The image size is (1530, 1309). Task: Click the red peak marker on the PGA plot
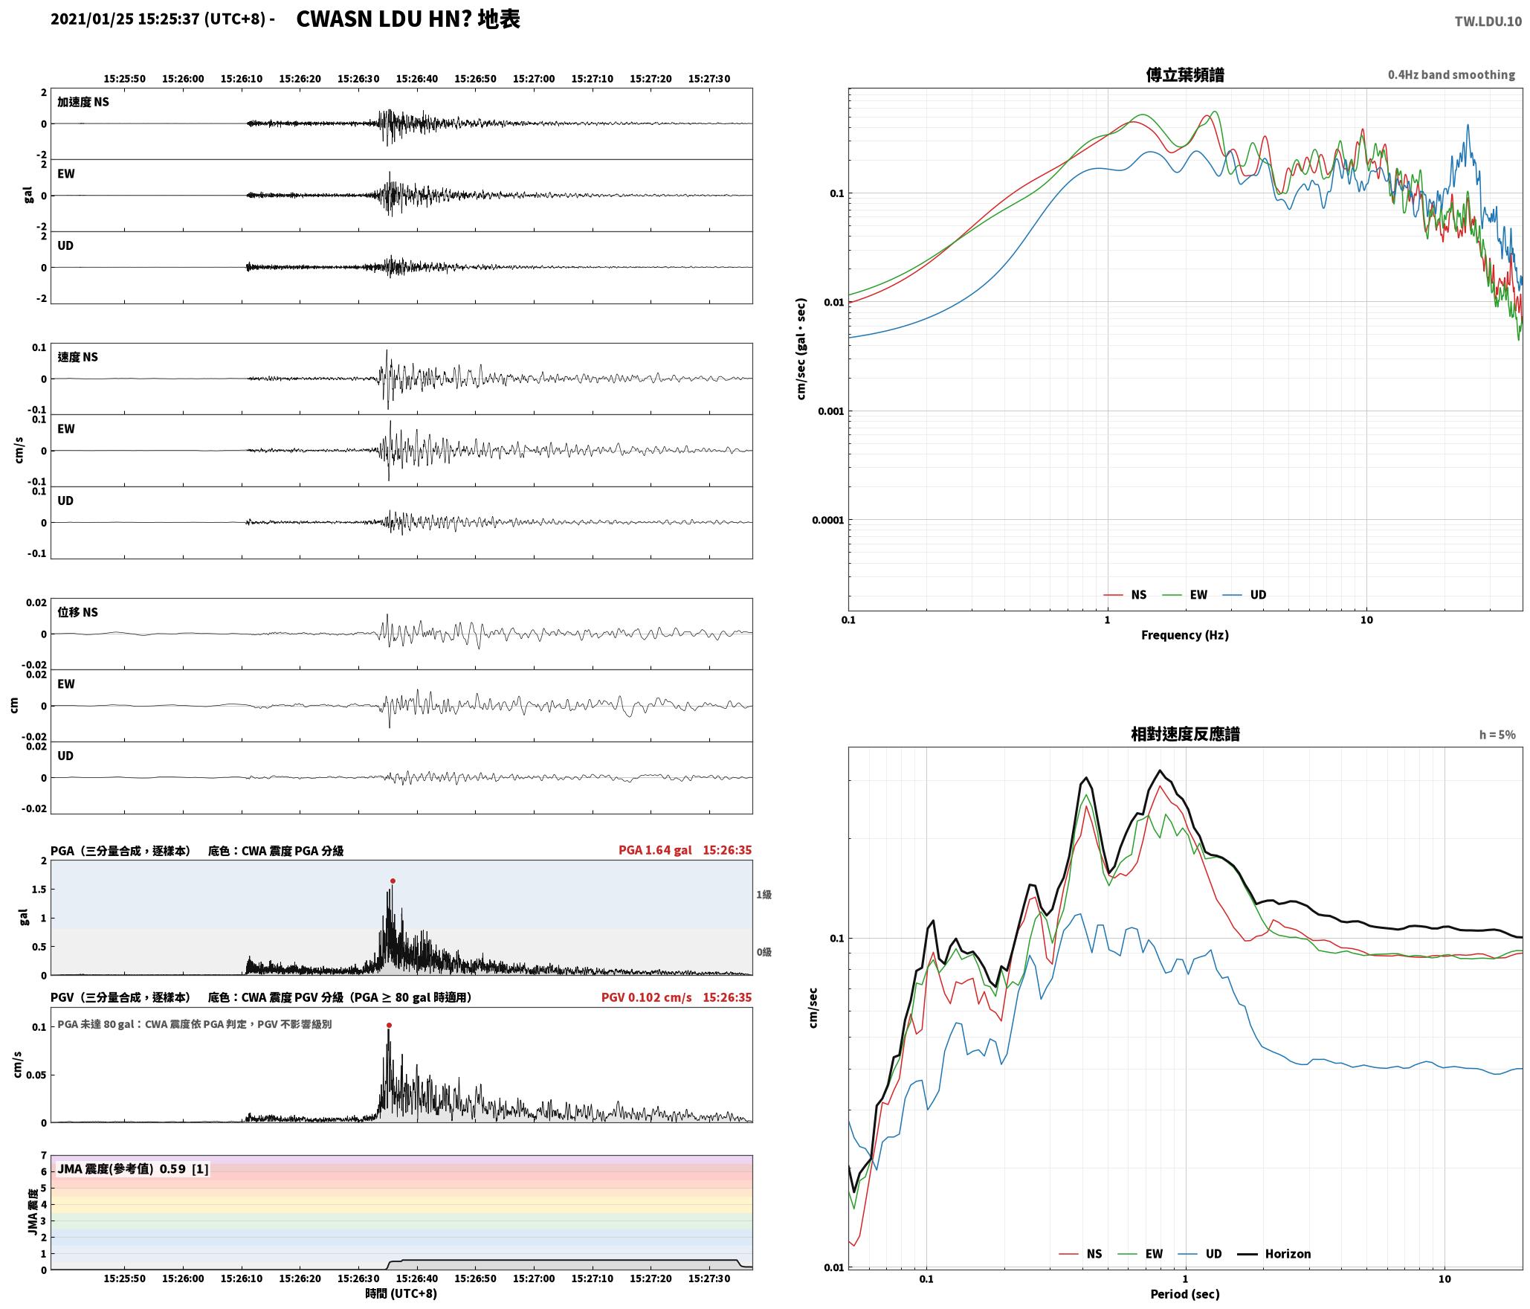[x=393, y=881]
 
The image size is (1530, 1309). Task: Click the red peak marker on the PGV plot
[x=389, y=1025]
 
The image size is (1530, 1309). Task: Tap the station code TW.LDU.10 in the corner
[x=1488, y=22]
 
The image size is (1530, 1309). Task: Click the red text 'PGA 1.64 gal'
[x=655, y=850]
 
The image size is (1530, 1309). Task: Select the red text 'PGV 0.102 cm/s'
[x=647, y=997]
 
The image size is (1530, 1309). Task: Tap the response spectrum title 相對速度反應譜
[x=1185, y=733]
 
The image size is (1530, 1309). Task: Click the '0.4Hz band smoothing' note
[x=1451, y=74]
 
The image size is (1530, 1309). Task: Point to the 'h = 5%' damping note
[x=1497, y=734]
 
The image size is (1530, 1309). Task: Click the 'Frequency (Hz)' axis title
[x=1185, y=634]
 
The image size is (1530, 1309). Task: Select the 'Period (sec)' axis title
[x=1185, y=1293]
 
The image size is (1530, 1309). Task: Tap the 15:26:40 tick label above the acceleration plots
[x=416, y=78]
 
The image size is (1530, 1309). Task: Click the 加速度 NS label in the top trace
[x=83, y=102]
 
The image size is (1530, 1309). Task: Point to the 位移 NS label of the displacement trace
[x=78, y=612]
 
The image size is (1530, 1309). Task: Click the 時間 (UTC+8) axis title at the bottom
[x=401, y=1293]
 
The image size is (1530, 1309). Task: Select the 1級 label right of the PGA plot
[x=764, y=894]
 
